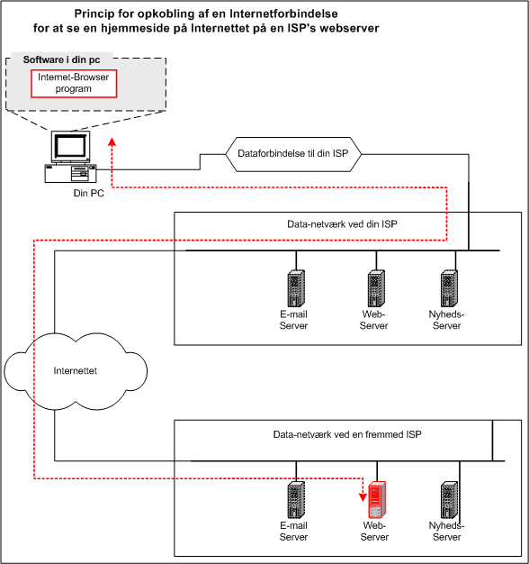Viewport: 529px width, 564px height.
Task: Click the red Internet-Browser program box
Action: point(74,84)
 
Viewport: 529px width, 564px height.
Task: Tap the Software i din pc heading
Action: point(61,59)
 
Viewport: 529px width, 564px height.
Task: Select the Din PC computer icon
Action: point(70,157)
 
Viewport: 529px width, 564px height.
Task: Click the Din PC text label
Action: point(89,193)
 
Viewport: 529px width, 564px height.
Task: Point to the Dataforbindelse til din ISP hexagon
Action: point(293,154)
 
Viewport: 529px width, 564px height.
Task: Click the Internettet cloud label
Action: point(75,371)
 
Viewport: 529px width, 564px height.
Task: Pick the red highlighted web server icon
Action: point(377,500)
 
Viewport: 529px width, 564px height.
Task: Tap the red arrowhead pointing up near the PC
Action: point(112,141)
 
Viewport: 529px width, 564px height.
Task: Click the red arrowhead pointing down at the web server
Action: point(363,497)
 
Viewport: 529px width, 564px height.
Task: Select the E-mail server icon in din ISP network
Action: point(296,288)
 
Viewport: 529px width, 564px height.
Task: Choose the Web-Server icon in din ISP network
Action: point(376,288)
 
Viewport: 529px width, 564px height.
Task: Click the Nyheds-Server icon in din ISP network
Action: point(449,288)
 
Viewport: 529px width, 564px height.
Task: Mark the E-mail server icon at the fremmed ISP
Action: point(296,500)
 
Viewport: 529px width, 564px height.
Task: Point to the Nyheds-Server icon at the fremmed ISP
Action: point(449,500)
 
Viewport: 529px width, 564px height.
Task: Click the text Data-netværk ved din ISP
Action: point(342,224)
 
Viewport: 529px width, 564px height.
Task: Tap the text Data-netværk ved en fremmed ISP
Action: point(347,434)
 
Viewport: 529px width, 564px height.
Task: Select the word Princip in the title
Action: point(94,14)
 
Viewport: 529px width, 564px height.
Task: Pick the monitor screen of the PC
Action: point(70,146)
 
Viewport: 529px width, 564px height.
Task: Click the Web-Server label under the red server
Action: point(374,532)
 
